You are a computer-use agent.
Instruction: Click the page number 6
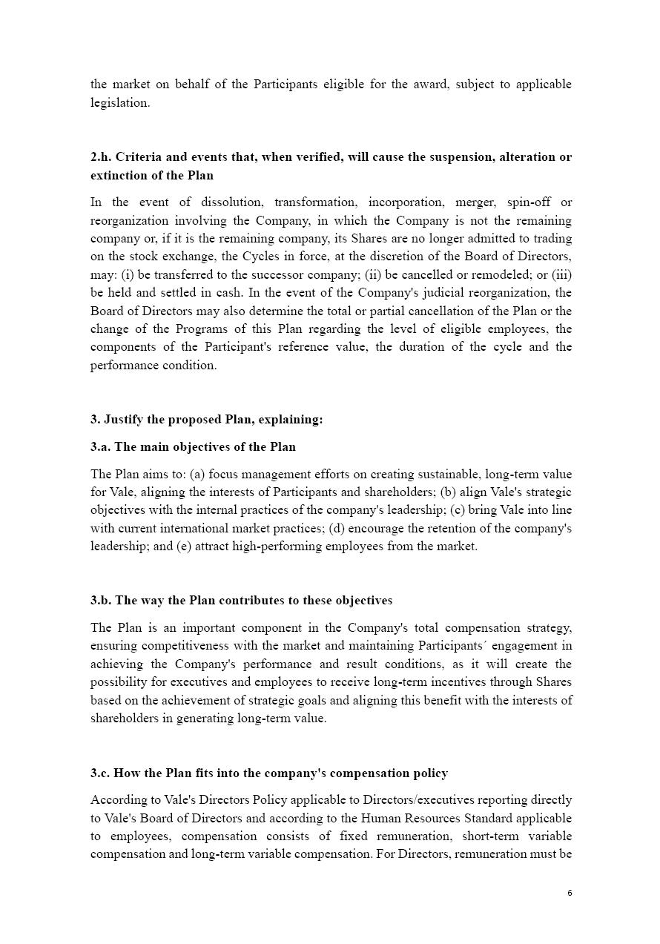pos(570,893)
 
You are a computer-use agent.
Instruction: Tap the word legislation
pos(119,103)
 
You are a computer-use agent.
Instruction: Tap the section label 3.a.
pos(101,447)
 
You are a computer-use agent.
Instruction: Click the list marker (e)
pos(184,547)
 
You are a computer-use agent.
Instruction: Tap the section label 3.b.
pos(101,601)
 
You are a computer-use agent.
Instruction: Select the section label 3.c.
pos(101,773)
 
